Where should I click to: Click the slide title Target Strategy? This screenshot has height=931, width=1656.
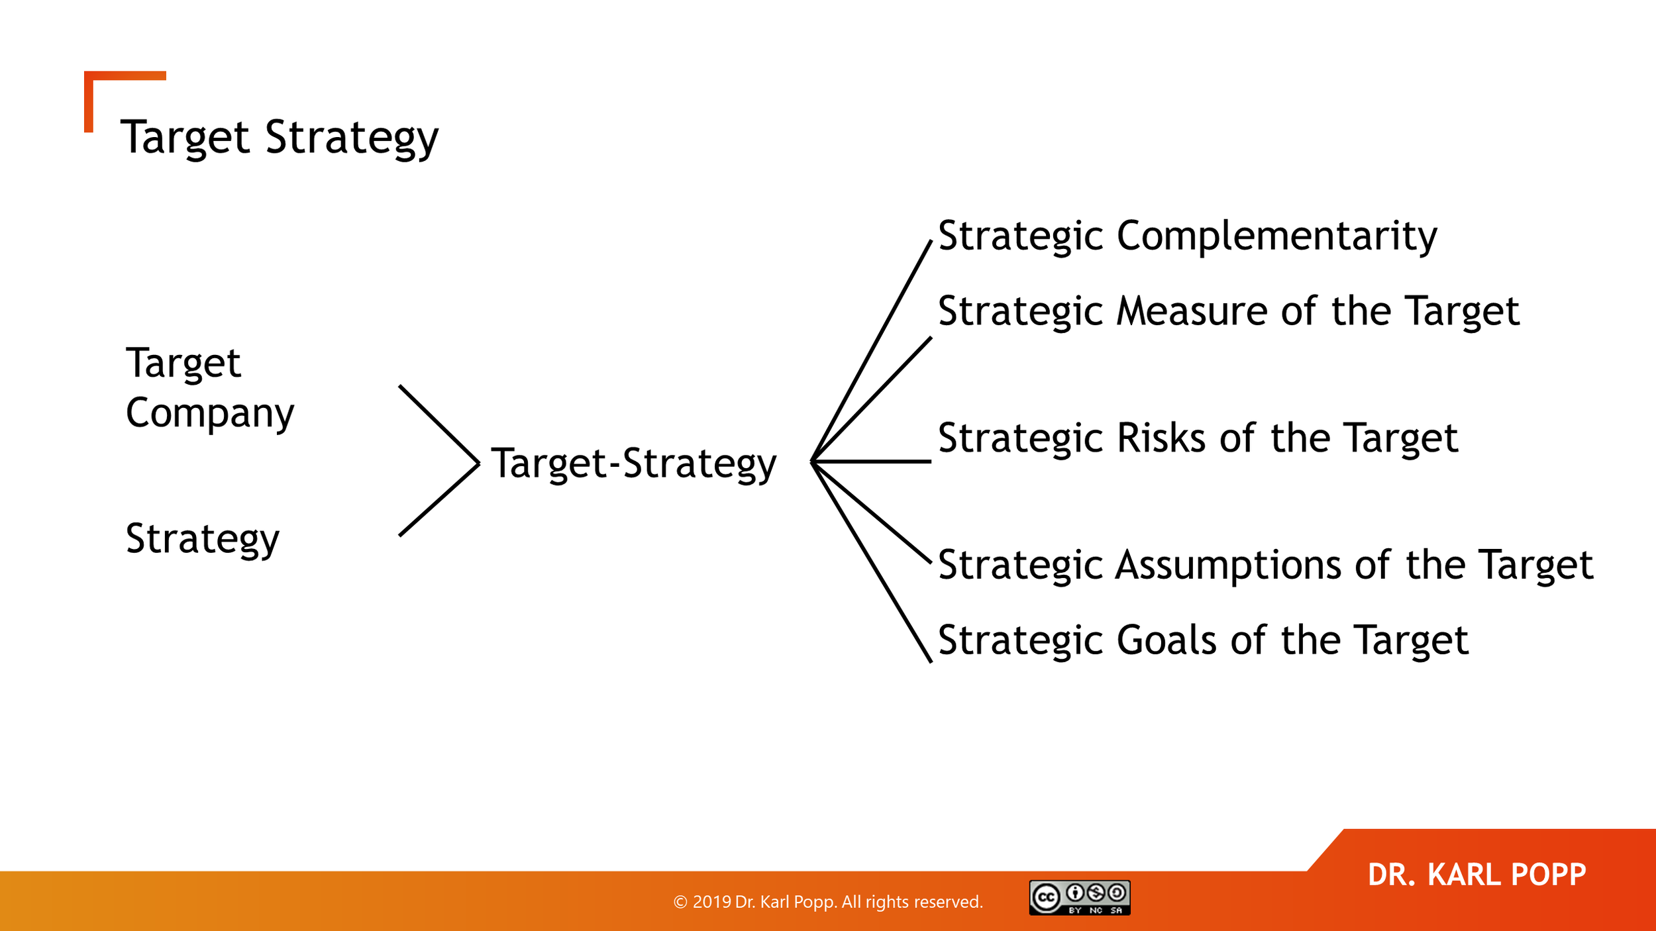click(x=279, y=137)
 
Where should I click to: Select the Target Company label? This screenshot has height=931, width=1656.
click(x=209, y=388)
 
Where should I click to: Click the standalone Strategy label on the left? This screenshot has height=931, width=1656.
click(x=203, y=538)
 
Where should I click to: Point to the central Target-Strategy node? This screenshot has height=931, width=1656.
click(x=633, y=463)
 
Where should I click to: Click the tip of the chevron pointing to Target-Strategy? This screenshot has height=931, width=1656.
click(x=477, y=464)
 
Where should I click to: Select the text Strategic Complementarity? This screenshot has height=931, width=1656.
click(x=1187, y=236)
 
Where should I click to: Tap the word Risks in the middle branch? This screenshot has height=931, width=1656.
click(x=1161, y=438)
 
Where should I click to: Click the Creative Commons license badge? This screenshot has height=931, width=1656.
click(x=1079, y=897)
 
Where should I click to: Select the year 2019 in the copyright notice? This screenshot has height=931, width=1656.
click(x=711, y=902)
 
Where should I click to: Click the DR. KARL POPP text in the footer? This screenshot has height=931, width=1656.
click(x=1476, y=875)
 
